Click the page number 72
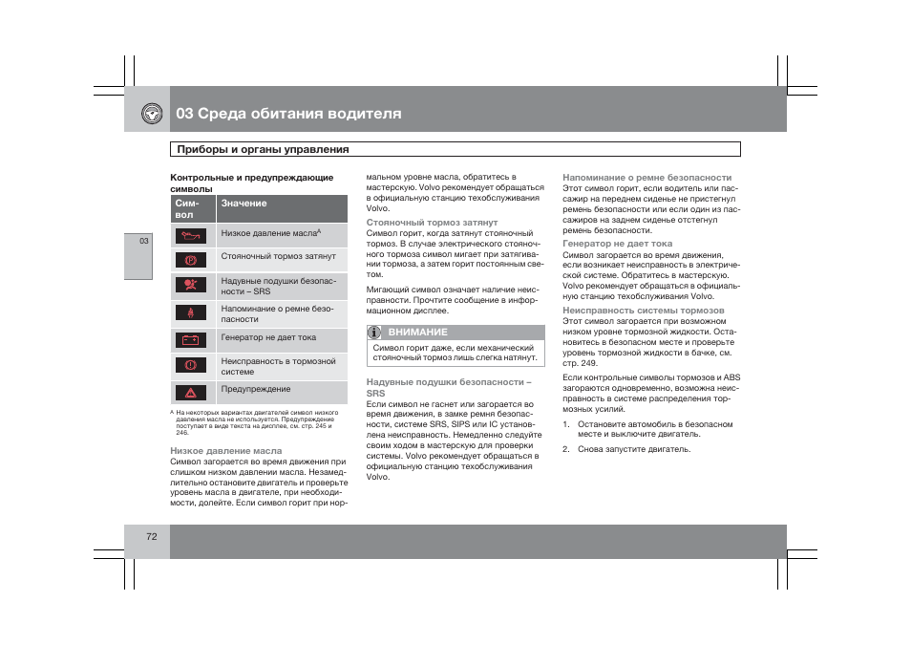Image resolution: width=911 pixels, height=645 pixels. (x=151, y=537)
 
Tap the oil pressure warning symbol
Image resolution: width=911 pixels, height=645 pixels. (x=190, y=234)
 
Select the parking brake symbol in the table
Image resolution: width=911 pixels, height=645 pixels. (x=190, y=259)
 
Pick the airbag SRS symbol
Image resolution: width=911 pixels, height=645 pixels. (x=190, y=286)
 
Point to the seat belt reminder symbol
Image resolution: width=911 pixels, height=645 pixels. (x=190, y=313)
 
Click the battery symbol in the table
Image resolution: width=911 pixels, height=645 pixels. (x=190, y=339)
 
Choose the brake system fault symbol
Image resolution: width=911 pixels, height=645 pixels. (x=190, y=366)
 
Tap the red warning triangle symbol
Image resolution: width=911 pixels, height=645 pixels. (x=190, y=392)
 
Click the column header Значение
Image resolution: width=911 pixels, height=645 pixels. (x=244, y=204)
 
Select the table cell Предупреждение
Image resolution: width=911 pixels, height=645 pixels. (x=255, y=389)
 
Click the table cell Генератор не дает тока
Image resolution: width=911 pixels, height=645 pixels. (x=268, y=337)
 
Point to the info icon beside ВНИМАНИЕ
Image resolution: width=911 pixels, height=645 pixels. (x=375, y=332)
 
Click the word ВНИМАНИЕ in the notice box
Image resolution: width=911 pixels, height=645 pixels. (x=417, y=332)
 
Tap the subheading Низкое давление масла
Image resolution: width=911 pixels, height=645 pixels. (x=225, y=450)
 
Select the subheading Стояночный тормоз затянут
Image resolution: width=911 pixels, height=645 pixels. (x=432, y=223)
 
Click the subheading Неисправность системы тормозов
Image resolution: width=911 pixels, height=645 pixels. (x=643, y=311)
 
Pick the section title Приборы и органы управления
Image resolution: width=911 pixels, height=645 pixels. (x=263, y=149)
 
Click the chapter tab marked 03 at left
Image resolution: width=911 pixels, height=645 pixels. (x=144, y=241)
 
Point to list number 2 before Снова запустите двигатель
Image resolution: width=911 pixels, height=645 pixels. (x=565, y=449)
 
